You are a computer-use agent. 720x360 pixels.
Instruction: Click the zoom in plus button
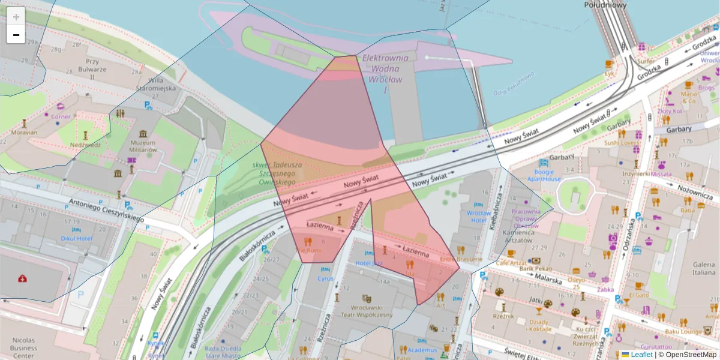16,16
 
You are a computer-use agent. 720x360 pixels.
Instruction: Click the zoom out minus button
16,35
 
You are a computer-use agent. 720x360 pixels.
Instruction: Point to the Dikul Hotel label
76,238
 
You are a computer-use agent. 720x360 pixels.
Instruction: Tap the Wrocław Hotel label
478,217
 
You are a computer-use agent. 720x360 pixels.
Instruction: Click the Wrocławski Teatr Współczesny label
368,311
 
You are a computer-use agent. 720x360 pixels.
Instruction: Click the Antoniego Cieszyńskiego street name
106,210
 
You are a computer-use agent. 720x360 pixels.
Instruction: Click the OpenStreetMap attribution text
687,355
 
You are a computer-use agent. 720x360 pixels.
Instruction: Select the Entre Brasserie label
461,259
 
